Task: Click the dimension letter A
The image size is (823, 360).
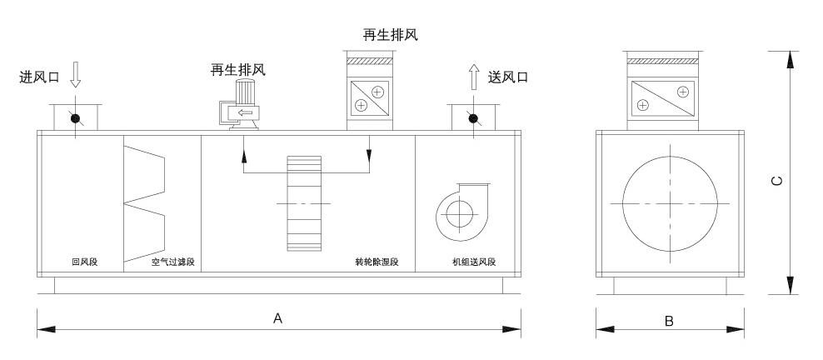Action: click(x=278, y=318)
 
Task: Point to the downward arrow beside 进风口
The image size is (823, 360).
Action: click(x=75, y=77)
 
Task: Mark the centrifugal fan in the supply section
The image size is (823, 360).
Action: click(x=456, y=214)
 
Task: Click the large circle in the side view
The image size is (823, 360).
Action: click(x=669, y=202)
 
